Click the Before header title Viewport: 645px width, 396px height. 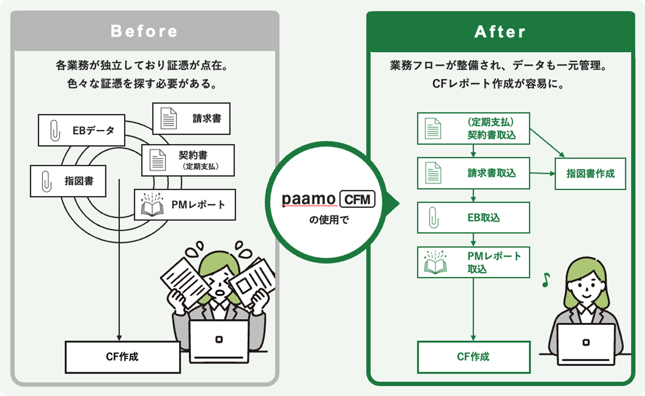pyautogui.click(x=144, y=31)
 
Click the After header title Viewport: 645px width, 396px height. pyautogui.click(x=500, y=32)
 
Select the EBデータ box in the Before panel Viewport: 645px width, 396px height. pyautogui.click(x=81, y=130)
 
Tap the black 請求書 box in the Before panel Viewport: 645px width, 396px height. pyautogui.click(x=191, y=118)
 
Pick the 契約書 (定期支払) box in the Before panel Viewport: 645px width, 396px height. pyautogui.click(x=188, y=160)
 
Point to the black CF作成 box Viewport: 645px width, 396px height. pyautogui.click(x=122, y=357)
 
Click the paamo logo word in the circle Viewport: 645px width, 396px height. pyautogui.click(x=308, y=200)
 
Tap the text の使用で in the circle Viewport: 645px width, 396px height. pyautogui.click(x=329, y=220)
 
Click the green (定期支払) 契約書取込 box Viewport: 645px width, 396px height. pyautogui.click(x=473, y=128)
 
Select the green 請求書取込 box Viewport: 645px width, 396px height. pyautogui.click(x=473, y=173)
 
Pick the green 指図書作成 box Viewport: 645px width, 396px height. pyautogui.click(x=591, y=174)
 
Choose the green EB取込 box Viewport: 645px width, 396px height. pyautogui.click(x=473, y=218)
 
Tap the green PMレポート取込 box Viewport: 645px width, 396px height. pyautogui.click(x=473, y=262)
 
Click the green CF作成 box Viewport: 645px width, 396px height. pyautogui.click(x=473, y=357)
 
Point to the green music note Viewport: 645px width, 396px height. pyautogui.click(x=545, y=280)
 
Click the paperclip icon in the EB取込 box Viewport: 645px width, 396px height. pyautogui.click(x=433, y=218)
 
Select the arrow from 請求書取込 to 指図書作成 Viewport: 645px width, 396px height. pyautogui.click(x=542, y=174)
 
